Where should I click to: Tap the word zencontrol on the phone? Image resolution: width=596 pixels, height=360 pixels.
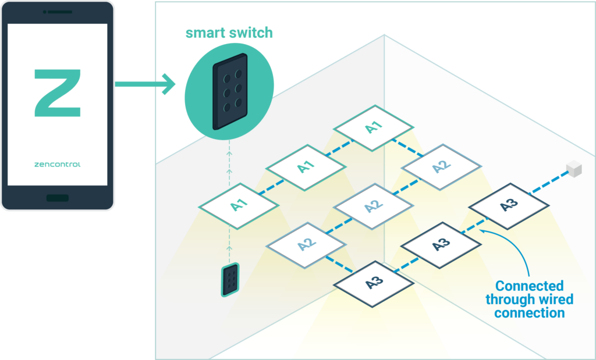(x=57, y=165)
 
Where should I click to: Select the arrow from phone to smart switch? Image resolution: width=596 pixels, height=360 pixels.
(x=146, y=85)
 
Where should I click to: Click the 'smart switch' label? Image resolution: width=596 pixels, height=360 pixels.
(x=229, y=33)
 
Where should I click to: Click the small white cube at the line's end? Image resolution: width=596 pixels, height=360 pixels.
(x=573, y=169)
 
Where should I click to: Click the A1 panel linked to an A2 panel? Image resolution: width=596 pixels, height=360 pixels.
(x=373, y=127)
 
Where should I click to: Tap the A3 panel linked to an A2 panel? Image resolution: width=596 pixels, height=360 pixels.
(x=374, y=283)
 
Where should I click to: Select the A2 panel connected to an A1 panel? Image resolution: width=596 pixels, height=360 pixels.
(x=442, y=166)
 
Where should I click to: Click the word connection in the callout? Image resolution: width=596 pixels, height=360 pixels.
(x=529, y=313)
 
